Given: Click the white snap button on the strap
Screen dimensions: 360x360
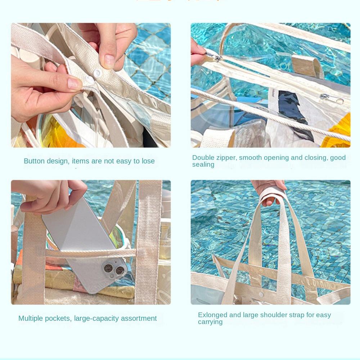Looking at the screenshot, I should point(96,73).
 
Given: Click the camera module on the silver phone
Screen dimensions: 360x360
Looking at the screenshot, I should point(113,269).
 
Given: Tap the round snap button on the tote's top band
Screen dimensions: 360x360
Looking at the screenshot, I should point(261,295).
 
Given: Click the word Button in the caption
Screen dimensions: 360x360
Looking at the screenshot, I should point(35,161).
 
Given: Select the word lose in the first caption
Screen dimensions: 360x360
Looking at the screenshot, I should point(148,161).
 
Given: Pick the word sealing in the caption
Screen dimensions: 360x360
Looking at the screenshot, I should point(203,165).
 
